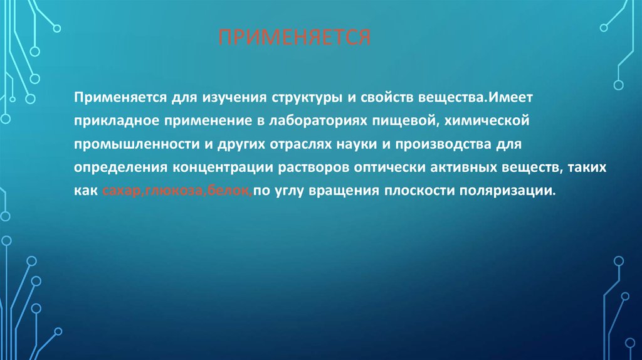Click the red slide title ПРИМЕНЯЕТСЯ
(295, 37)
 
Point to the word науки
(357, 145)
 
